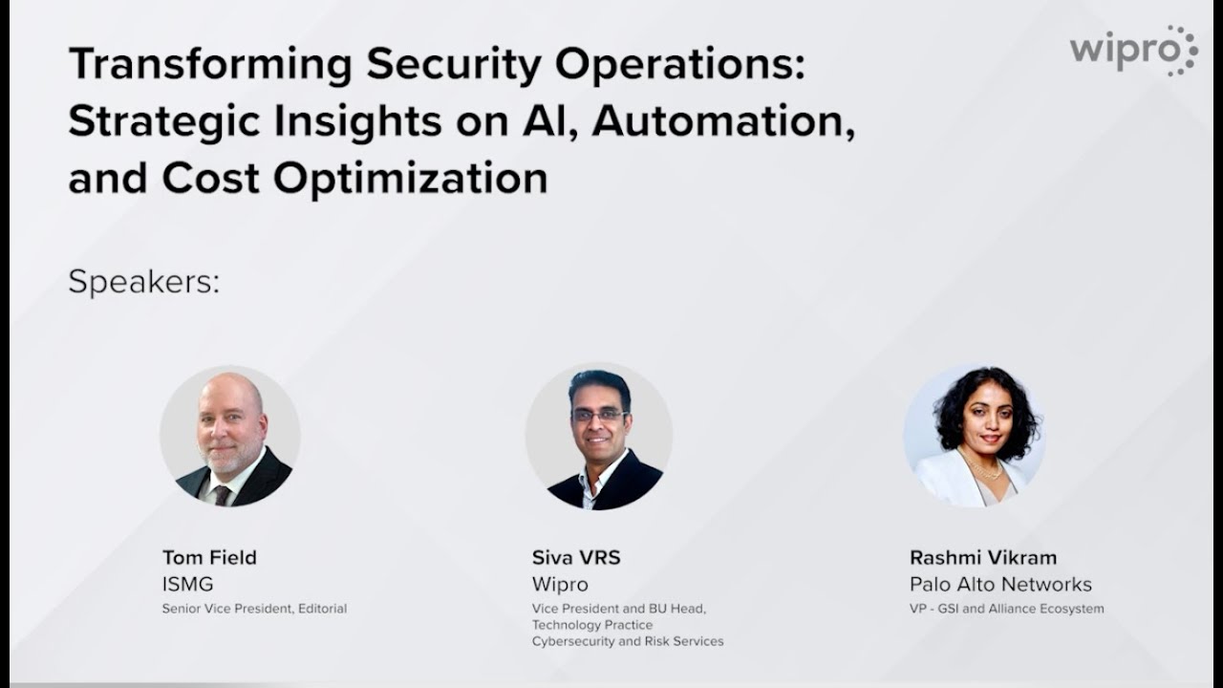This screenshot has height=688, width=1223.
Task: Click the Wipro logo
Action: click(x=1133, y=50)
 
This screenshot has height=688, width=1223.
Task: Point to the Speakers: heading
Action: click(x=144, y=282)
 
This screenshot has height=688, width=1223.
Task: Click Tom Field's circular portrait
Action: click(x=230, y=436)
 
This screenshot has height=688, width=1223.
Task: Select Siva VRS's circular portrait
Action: click(x=599, y=436)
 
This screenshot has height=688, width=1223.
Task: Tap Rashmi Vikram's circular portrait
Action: click(x=974, y=436)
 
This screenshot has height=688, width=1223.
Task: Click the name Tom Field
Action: click(x=209, y=557)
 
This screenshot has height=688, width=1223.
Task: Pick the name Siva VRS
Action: click(x=576, y=557)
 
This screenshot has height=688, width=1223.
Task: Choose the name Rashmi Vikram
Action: click(x=983, y=557)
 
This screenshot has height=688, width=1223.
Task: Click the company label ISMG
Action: click(x=186, y=584)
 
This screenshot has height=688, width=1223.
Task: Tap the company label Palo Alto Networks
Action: click(x=1000, y=584)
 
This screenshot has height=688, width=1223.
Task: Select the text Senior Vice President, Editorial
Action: click(x=254, y=609)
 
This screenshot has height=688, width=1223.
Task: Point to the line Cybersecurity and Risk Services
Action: click(x=628, y=641)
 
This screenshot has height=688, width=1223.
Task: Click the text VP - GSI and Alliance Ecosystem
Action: click(x=1006, y=609)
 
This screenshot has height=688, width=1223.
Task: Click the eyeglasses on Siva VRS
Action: click(x=599, y=416)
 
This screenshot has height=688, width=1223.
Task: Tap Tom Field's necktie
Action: click(x=222, y=494)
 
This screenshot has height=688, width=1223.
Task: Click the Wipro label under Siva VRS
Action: click(x=560, y=584)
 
